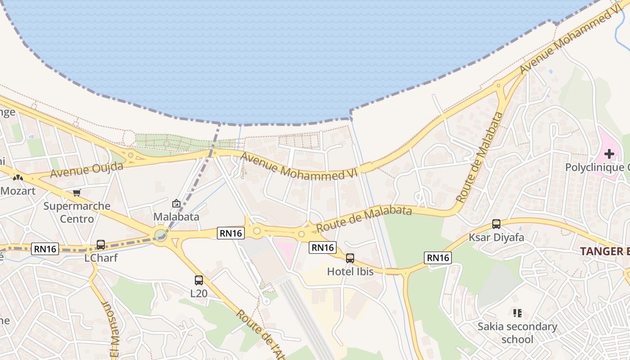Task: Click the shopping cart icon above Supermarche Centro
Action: point(76,193)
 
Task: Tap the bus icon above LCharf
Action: point(101,245)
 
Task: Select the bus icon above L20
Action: point(199,280)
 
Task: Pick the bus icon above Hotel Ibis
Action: point(350,258)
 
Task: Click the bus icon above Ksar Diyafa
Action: point(496,224)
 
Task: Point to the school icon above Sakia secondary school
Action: point(517,313)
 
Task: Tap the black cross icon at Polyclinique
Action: point(609,154)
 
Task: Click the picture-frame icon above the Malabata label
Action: point(176,203)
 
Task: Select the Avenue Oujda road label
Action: point(87,170)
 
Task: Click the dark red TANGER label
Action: point(605,251)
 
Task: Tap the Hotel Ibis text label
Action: point(350,272)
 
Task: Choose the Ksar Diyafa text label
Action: point(496,237)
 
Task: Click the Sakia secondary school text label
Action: point(517,333)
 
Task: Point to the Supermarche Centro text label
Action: point(77,212)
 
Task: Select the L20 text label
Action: point(199,293)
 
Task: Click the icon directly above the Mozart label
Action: point(18,178)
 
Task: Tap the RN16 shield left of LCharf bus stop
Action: point(45,248)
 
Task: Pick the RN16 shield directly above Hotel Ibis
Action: point(323,247)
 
